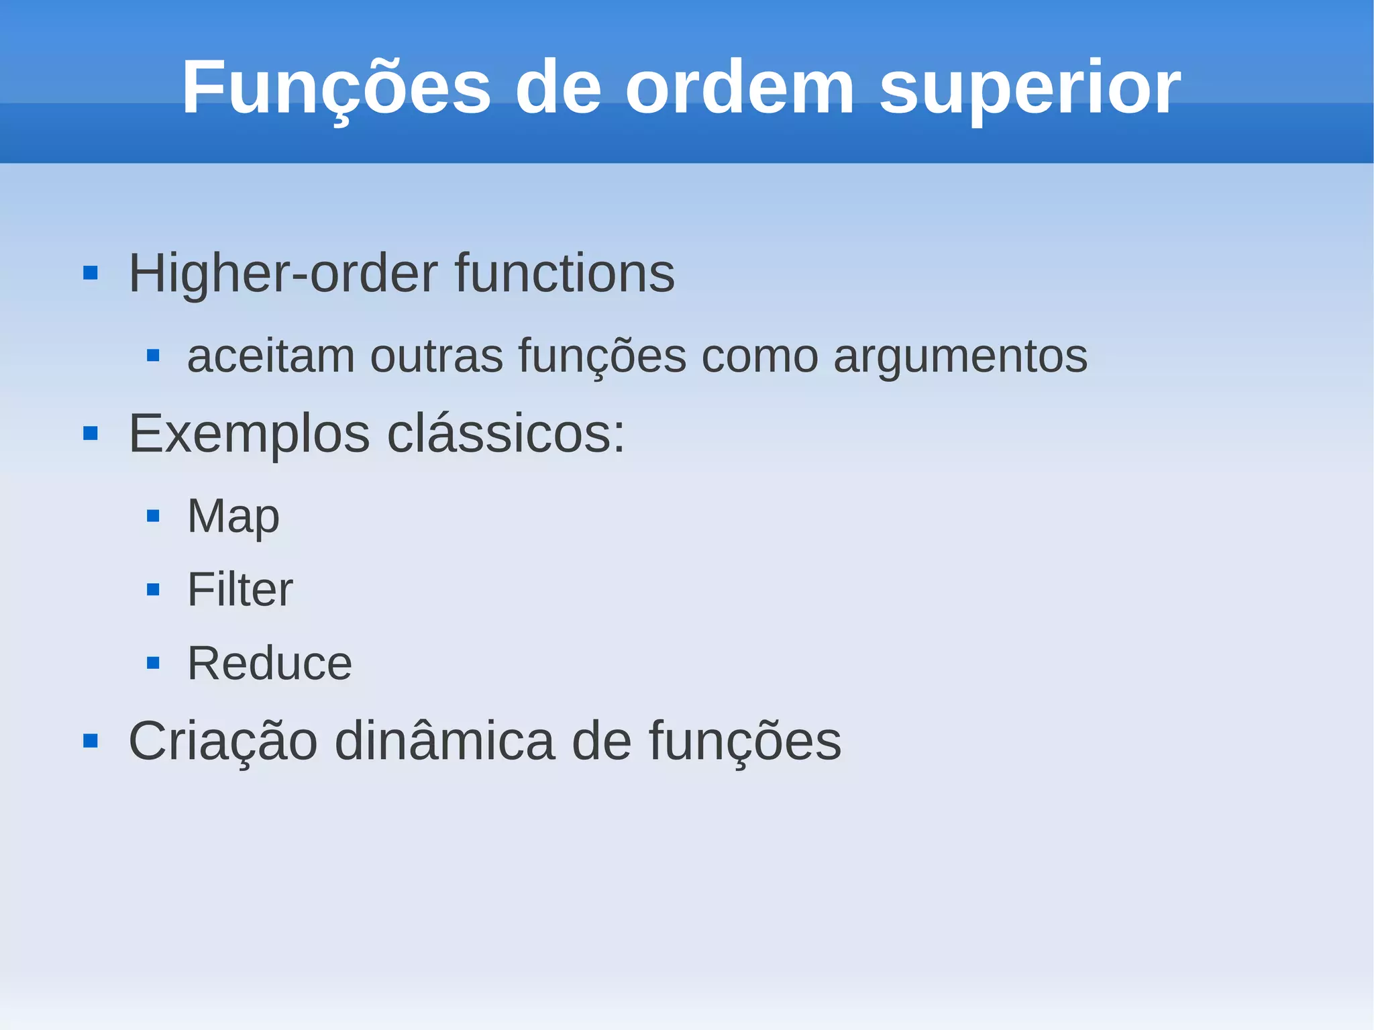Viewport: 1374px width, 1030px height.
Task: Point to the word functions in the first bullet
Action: (564, 274)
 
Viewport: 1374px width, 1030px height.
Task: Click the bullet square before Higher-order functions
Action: (91, 273)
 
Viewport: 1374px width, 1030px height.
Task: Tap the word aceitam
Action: (271, 356)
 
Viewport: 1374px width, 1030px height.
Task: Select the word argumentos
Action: (960, 357)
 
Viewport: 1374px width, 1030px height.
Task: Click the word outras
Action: (436, 356)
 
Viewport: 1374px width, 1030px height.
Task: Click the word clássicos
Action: (506, 433)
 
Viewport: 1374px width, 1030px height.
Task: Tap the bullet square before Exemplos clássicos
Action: (91, 433)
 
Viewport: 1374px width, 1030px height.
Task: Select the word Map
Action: (233, 517)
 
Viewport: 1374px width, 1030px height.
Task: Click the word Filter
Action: (240, 590)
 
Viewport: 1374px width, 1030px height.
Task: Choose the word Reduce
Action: (269, 664)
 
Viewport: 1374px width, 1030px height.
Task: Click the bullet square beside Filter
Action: (153, 590)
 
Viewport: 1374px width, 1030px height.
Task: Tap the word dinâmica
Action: (445, 741)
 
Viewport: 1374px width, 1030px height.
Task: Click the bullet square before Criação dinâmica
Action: (91, 741)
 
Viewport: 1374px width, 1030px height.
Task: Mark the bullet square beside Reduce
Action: (153, 664)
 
